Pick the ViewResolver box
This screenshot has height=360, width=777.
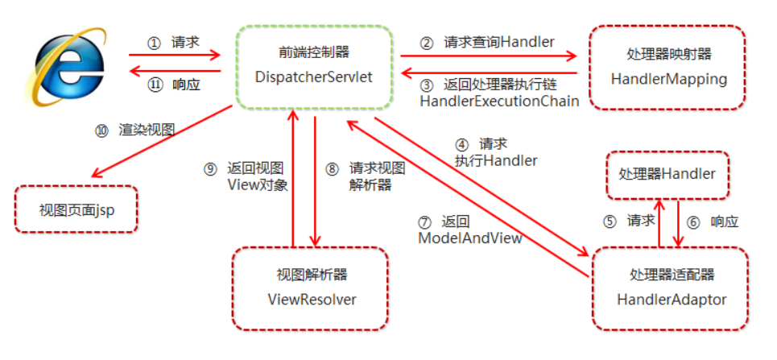click(311, 288)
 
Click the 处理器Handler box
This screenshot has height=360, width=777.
click(667, 174)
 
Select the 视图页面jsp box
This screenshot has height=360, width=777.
click(76, 209)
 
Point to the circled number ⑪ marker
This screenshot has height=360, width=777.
click(155, 83)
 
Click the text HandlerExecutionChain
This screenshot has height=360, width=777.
click(499, 101)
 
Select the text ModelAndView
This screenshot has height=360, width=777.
click(469, 238)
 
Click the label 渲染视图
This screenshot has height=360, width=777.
click(147, 130)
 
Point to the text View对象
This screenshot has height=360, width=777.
click(255, 184)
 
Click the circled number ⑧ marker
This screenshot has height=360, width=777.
click(332, 169)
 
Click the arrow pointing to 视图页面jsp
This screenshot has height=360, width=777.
click(161, 142)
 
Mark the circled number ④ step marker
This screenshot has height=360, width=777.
click(461, 145)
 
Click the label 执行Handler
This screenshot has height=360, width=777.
click(495, 160)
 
